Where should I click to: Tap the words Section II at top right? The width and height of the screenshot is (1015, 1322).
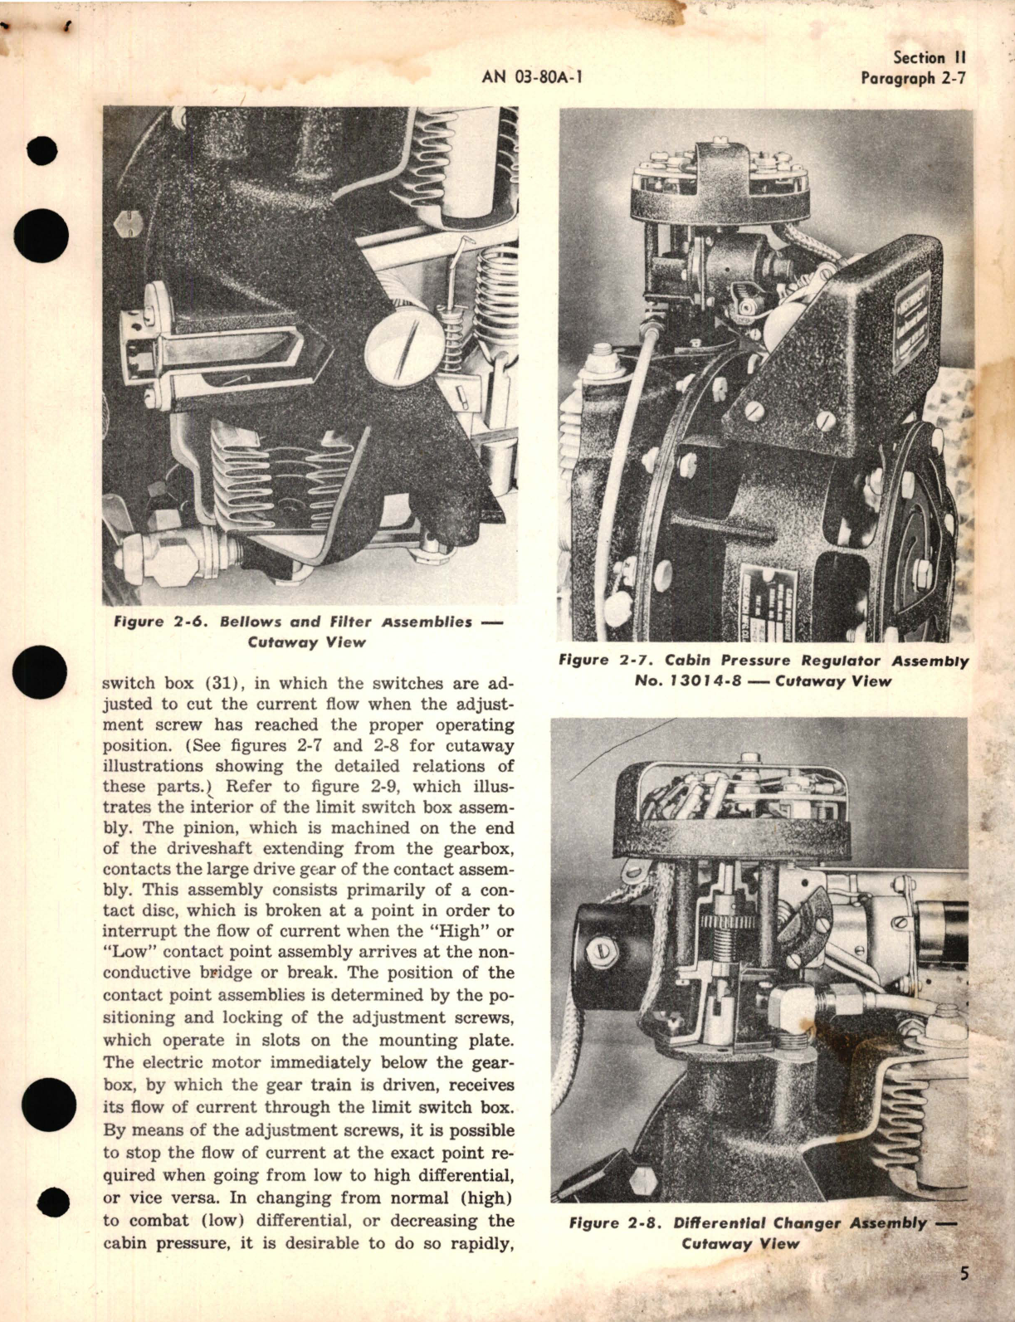point(930,58)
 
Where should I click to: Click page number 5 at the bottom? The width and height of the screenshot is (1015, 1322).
point(963,1274)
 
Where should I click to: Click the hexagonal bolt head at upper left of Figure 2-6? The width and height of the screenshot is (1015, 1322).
point(129,222)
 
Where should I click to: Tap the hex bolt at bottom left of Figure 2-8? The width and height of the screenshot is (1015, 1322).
point(642,1182)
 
